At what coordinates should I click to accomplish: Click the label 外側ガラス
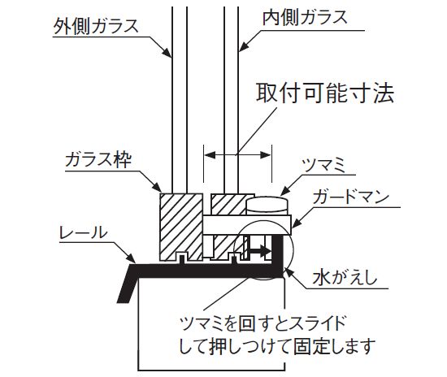[x=96, y=26]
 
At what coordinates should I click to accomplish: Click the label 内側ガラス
[x=305, y=18]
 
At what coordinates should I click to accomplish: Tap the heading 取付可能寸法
[x=325, y=93]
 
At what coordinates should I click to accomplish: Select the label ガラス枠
[x=98, y=159]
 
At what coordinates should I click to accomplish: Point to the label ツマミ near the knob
[x=323, y=165]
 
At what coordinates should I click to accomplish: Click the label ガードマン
[x=351, y=197]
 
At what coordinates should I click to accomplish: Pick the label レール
[x=83, y=232]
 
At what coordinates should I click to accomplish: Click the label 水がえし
[x=345, y=277]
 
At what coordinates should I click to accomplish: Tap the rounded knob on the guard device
[x=267, y=206]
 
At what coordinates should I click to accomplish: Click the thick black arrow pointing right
[x=260, y=251]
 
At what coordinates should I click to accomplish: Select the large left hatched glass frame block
[x=181, y=227]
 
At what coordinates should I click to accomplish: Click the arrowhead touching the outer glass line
[x=167, y=53]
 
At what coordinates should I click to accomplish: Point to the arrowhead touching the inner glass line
[x=244, y=46]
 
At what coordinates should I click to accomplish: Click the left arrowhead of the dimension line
[x=210, y=155]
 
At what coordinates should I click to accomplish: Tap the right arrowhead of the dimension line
[x=266, y=155]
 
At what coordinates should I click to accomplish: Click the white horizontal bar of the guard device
[x=247, y=225]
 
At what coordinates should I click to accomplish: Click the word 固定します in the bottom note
[x=334, y=346]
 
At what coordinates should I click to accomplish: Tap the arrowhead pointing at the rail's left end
[x=131, y=258]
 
